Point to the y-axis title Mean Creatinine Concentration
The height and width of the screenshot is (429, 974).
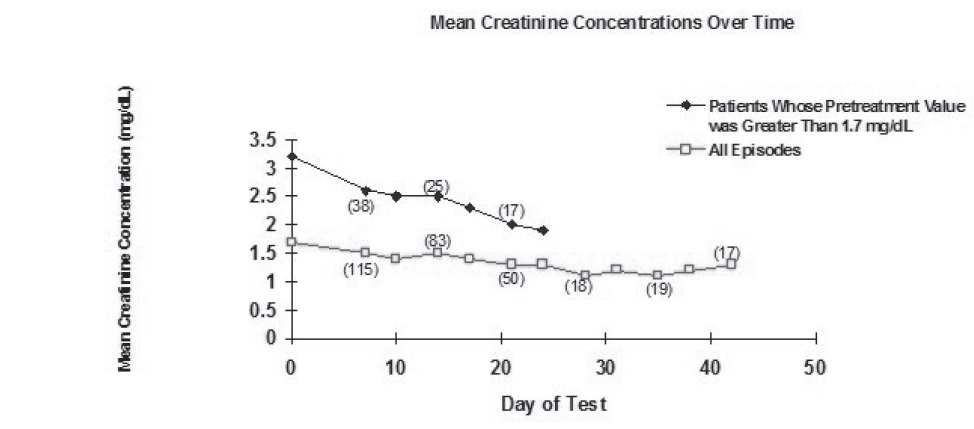(x=126, y=228)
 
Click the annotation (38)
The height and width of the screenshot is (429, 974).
(x=360, y=207)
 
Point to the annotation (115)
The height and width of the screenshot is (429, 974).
(x=361, y=270)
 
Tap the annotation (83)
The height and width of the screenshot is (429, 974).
(x=437, y=240)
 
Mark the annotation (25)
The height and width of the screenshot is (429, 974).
(x=436, y=185)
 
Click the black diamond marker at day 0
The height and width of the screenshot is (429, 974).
(x=291, y=156)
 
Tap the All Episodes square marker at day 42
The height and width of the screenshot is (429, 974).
(x=731, y=264)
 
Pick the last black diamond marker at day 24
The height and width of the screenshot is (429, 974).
(x=542, y=230)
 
